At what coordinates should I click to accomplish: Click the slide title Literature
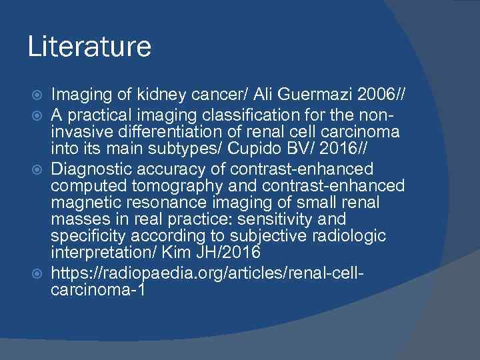click(89, 47)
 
